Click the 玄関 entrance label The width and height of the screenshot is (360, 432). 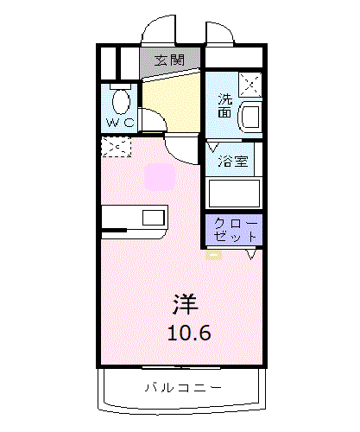[169, 60]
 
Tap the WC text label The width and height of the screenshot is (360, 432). [119, 122]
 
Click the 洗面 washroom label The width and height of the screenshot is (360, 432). [224, 105]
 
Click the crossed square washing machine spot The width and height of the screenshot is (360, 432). [249, 85]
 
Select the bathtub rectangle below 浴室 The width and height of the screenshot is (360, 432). [233, 192]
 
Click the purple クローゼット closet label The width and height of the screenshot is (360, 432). [234, 228]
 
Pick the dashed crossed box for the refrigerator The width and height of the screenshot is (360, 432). [114, 147]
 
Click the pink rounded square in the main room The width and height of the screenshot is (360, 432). [160, 176]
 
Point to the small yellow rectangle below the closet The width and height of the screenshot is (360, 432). [212, 253]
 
